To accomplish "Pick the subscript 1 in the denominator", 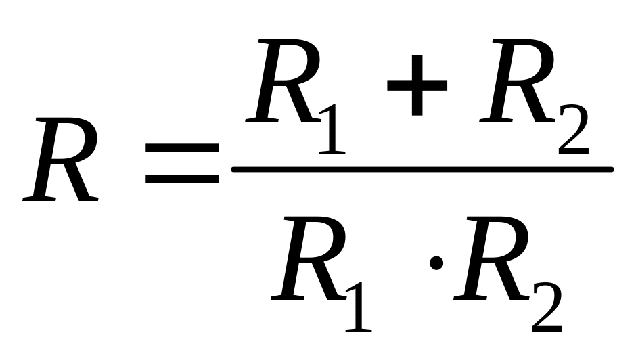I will tap(357, 305).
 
